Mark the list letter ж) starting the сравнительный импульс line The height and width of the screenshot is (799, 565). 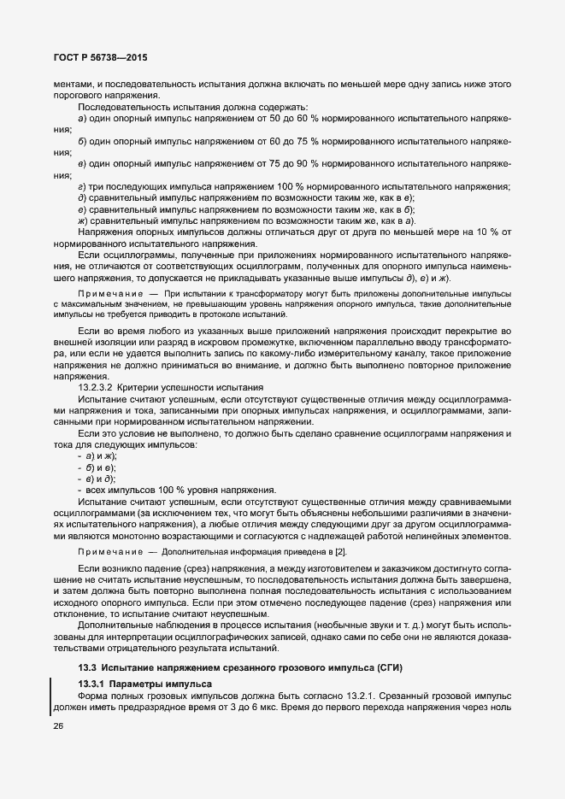point(83,220)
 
